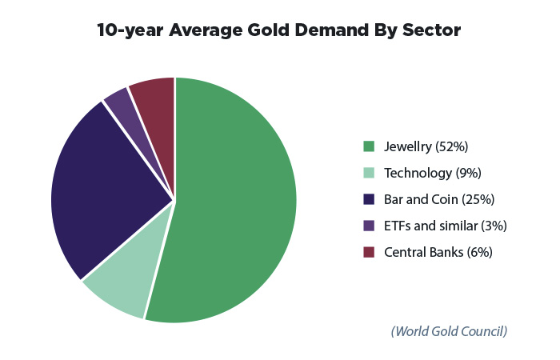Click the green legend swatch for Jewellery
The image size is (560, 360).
(x=369, y=146)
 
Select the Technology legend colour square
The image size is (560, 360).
(x=369, y=173)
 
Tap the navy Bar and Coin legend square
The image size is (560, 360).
(x=369, y=199)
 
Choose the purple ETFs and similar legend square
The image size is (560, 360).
(x=369, y=226)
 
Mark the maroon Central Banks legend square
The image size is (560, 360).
(x=369, y=252)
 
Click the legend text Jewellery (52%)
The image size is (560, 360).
(x=426, y=146)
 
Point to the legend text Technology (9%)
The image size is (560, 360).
(x=432, y=173)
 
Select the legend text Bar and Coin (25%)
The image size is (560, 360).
(x=439, y=199)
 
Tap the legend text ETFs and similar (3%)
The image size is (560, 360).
(x=446, y=226)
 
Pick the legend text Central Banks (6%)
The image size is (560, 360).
(x=438, y=252)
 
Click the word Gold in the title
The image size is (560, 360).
(x=264, y=30)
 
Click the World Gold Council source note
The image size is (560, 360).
(x=449, y=330)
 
